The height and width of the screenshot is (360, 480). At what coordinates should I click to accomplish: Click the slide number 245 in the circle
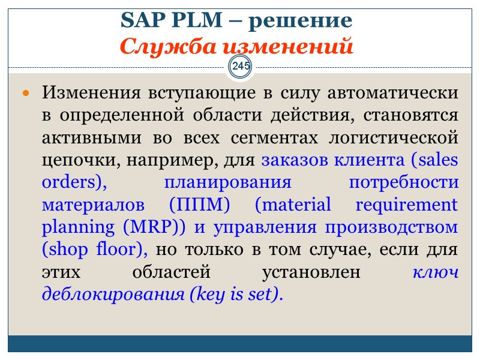click(x=241, y=65)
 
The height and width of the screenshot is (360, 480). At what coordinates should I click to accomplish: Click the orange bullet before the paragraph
click(x=26, y=95)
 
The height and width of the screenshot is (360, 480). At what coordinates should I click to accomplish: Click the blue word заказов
click(x=293, y=160)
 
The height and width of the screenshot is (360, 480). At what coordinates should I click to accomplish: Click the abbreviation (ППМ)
click(x=200, y=205)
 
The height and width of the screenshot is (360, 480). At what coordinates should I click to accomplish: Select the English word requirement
click(x=407, y=205)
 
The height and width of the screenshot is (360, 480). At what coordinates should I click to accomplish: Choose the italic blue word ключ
click(x=436, y=271)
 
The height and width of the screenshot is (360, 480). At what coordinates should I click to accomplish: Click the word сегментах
click(x=276, y=138)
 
